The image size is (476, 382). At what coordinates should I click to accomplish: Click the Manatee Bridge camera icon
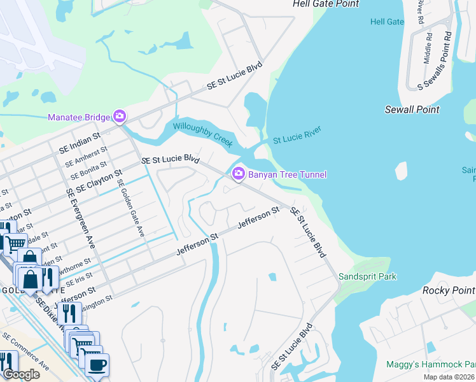(119, 117)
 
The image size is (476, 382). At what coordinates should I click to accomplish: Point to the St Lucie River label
(297, 134)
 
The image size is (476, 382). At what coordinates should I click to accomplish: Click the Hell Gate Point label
(326, 4)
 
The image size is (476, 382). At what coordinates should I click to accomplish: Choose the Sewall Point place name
(412, 110)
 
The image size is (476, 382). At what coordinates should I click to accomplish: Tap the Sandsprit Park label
(367, 276)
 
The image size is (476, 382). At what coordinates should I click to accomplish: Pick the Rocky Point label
(449, 290)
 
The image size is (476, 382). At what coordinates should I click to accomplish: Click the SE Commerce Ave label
(25, 350)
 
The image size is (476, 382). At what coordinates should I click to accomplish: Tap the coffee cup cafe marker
(97, 365)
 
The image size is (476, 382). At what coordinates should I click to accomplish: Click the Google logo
(21, 374)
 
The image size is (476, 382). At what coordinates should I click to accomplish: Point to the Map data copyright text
(449, 377)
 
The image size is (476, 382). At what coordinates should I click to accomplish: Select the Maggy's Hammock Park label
(431, 364)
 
